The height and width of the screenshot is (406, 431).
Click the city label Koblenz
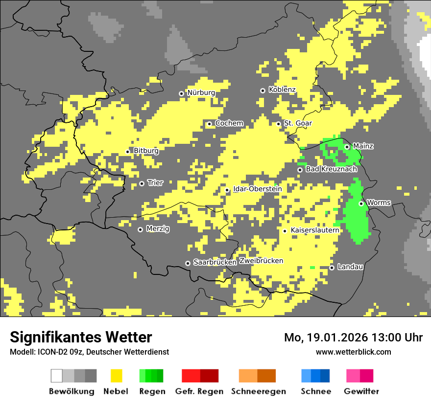click(x=282, y=90)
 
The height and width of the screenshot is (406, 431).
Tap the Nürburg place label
click(x=201, y=92)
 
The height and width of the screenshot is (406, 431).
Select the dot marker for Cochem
click(x=209, y=124)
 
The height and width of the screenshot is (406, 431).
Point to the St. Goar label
click(x=298, y=123)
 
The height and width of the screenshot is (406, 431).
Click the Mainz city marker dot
click(x=347, y=147)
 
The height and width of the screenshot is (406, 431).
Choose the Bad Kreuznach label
click(x=331, y=169)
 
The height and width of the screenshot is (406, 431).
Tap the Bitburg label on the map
click(x=146, y=151)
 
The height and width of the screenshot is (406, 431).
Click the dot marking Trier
click(x=142, y=183)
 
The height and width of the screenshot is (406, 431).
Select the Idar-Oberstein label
click(x=257, y=189)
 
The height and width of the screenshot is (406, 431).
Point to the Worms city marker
click(x=361, y=203)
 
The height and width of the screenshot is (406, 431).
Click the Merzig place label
click(x=158, y=228)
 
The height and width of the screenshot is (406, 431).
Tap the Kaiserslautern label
click(x=314, y=230)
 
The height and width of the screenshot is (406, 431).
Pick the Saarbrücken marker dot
click(x=188, y=263)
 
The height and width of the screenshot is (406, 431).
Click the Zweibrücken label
click(x=261, y=261)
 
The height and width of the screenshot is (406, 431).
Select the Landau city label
click(x=350, y=267)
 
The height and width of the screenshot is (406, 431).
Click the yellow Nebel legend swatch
click(x=116, y=376)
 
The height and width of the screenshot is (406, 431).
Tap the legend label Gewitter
click(x=361, y=391)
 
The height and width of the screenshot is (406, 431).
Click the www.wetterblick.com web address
click(x=353, y=352)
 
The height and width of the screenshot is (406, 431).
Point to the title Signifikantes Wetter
click(x=81, y=337)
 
